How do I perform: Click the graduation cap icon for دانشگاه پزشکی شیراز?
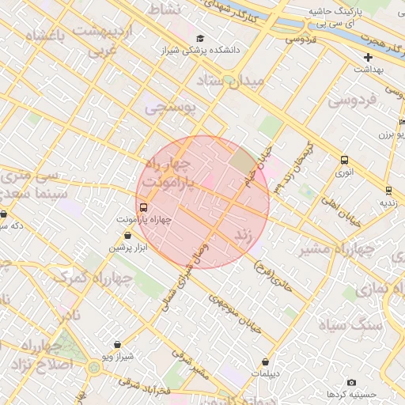pyautogui.click(x=200, y=38)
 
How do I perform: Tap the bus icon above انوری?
pyautogui.click(x=344, y=160)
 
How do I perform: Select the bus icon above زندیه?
pyautogui.click(x=388, y=191)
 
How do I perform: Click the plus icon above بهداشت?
pyautogui.click(x=368, y=58)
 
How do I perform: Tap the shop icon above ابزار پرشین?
pyautogui.click(x=128, y=236)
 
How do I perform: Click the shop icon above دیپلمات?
pyautogui.click(x=265, y=361)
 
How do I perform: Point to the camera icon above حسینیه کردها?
pyautogui.click(x=351, y=382)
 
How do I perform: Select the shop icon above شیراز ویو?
pyautogui.click(x=118, y=345)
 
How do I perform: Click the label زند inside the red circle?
pyautogui.click(x=244, y=235)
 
